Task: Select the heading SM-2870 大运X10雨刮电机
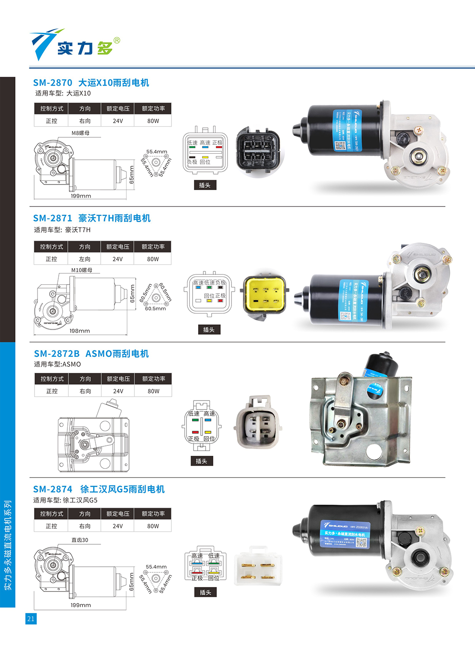[91, 83]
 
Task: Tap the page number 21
[31, 619]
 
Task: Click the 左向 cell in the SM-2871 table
[85, 259]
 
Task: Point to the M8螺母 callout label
[80, 133]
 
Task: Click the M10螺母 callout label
[82, 270]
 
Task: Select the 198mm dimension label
[80, 331]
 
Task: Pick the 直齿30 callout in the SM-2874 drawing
[79, 540]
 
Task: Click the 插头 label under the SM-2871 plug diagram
[209, 330]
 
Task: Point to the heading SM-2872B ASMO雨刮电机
[91, 354]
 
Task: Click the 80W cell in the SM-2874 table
[153, 526]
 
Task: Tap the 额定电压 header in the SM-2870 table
[118, 109]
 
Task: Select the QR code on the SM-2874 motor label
[361, 543]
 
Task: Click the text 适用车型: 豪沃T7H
[62, 230]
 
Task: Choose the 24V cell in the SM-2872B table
[118, 391]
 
